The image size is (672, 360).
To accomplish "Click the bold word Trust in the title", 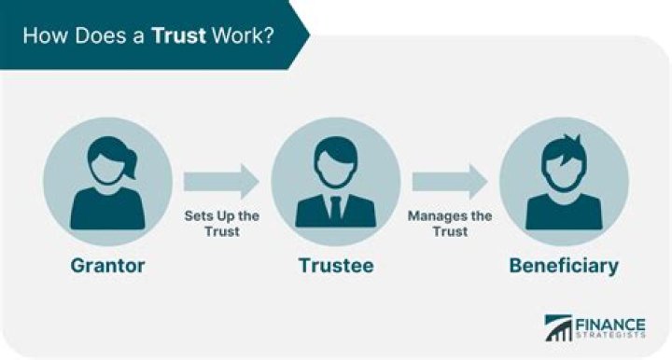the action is point(178,35).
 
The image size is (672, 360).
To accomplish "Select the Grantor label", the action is point(107,266).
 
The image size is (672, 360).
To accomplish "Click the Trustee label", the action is point(336,266).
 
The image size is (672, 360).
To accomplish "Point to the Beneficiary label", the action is point(564,266).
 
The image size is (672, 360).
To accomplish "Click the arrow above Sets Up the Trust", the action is point(221,182).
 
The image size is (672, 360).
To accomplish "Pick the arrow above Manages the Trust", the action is point(450,182).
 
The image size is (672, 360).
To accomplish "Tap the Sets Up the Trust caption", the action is point(221,224).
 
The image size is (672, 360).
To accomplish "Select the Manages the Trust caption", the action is point(450,224).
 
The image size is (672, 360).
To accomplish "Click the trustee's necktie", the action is point(336,209).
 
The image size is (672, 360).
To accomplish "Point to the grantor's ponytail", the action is point(130,165).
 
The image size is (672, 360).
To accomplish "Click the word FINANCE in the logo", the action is point(610,325).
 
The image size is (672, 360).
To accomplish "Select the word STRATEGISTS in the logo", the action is point(610,335).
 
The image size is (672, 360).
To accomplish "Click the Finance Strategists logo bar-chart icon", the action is point(558,328).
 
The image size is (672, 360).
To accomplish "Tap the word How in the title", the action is point(45,35).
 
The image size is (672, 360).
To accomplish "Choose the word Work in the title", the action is point(237,35).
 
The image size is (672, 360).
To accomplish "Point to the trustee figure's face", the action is point(336,169).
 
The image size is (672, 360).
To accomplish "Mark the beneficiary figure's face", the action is point(564,172).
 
